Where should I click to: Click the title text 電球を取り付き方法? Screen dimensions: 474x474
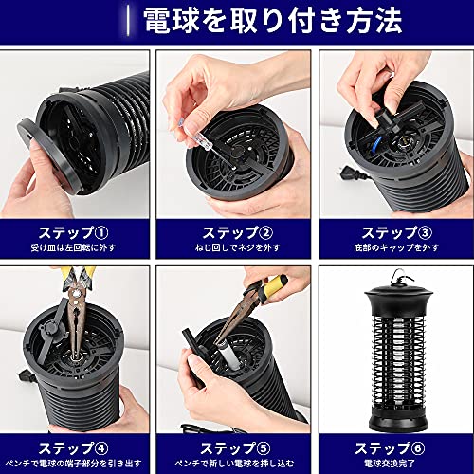[273, 20]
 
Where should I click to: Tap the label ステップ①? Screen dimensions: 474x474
[74, 233]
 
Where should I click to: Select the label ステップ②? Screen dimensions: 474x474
[238, 233]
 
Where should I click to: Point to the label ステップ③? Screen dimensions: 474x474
[397, 233]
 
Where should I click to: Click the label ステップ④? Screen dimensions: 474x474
[74, 448]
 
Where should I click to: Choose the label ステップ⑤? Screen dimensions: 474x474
[236, 448]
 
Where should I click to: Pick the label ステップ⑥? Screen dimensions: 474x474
[390, 448]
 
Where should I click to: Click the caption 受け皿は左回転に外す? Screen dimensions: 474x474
[73, 247]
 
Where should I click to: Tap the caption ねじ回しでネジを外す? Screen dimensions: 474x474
[238, 247]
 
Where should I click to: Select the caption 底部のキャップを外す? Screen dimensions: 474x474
[396, 247]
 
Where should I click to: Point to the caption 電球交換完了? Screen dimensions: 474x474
[390, 464]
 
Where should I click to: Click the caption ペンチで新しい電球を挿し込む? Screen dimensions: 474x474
[234, 464]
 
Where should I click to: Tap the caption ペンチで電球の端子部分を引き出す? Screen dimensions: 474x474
[73, 464]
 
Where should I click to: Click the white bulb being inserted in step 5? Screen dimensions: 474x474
[229, 355]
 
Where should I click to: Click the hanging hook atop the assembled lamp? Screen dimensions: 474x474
[399, 275]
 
